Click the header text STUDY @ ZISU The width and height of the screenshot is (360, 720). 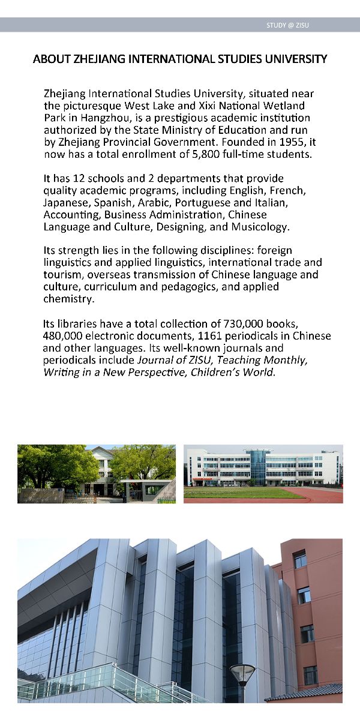click(x=288, y=25)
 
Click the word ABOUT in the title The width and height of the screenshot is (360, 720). click(x=52, y=59)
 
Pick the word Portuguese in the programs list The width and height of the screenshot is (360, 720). click(x=200, y=203)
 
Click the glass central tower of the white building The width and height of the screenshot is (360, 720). click(x=258, y=467)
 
